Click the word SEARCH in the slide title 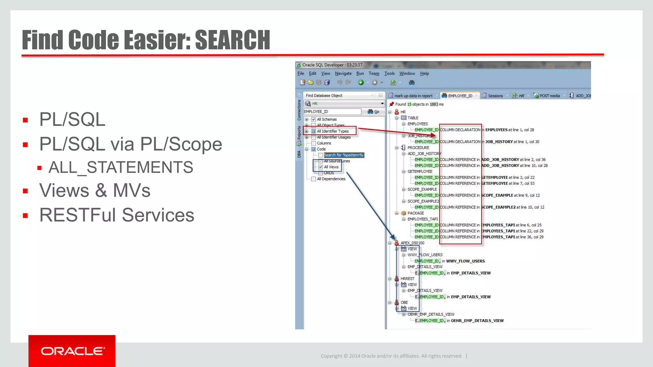point(232,40)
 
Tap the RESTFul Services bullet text point(116,215)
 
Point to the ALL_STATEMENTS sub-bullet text point(121,168)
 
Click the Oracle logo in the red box point(72,351)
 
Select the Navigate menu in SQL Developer point(343,74)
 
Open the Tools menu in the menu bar point(389,74)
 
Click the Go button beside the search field point(373,112)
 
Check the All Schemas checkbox point(314,119)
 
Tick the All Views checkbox point(321,167)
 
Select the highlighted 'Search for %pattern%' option point(343,155)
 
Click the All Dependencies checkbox point(314,179)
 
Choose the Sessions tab point(495,96)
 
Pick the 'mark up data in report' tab point(413,96)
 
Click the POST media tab point(549,96)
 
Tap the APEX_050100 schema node point(412,243)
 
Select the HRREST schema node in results point(407,279)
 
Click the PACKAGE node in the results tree point(415,213)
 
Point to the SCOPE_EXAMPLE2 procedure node point(423,201)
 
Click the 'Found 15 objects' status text point(419,104)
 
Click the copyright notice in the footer point(391,356)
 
